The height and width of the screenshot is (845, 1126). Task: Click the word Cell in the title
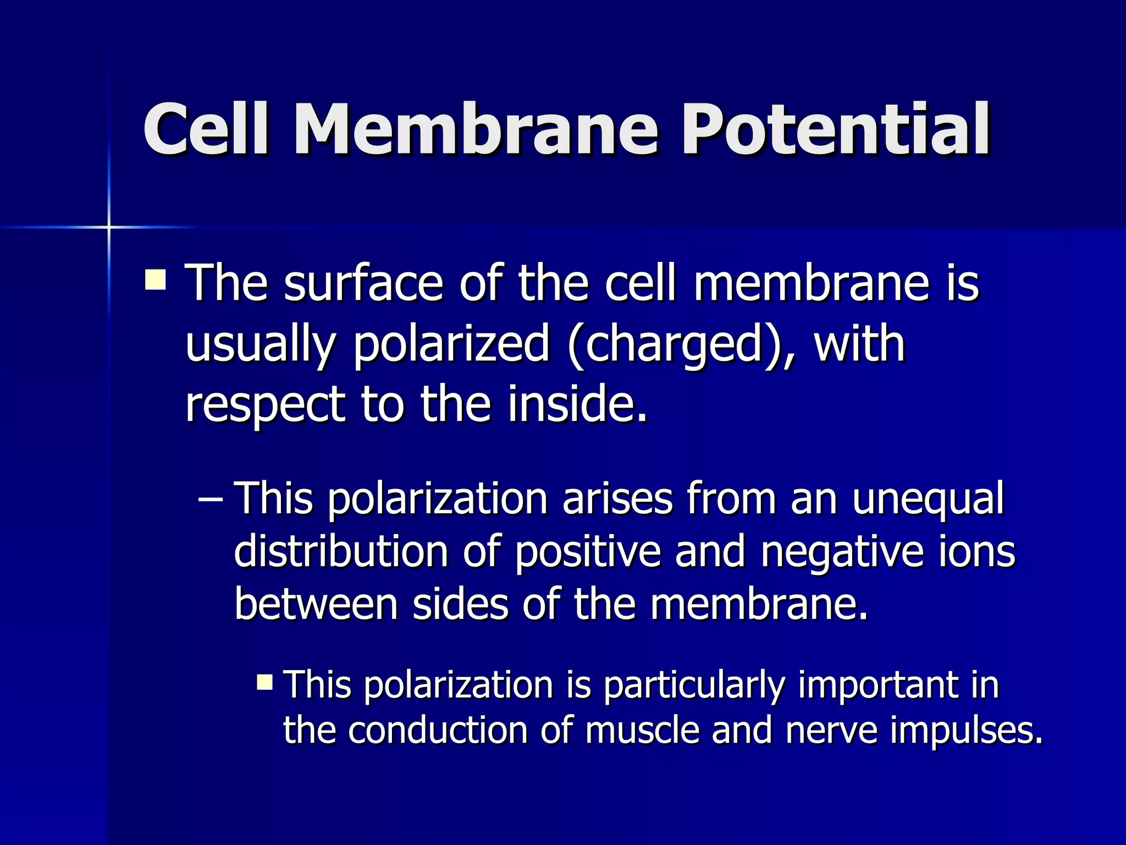pos(206,130)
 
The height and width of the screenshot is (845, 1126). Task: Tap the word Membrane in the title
pos(475,130)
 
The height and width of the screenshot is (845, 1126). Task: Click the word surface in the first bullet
pos(363,284)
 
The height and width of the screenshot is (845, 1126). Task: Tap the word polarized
pos(451,345)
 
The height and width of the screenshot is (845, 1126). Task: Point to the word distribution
pos(341,551)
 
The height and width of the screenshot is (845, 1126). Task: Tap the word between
pos(316,604)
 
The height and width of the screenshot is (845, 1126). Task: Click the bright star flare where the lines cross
pos(109,227)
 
